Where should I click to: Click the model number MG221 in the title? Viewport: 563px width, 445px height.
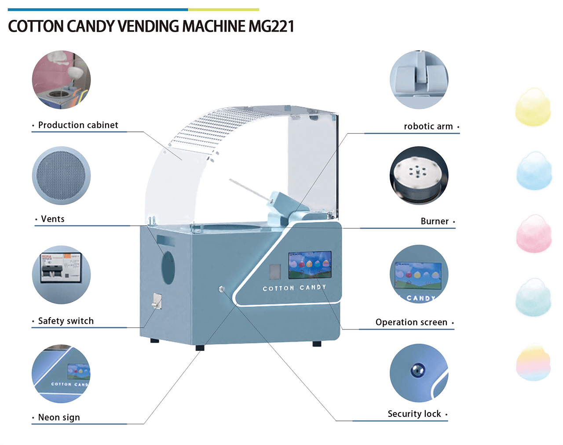pyautogui.click(x=271, y=26)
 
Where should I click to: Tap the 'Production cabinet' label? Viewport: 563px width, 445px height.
pyautogui.click(x=78, y=125)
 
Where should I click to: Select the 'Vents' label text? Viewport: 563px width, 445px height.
pyautogui.click(x=52, y=219)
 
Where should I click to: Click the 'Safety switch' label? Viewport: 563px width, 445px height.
pyautogui.click(x=66, y=321)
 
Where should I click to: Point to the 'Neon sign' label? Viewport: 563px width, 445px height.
pyautogui.click(x=59, y=417)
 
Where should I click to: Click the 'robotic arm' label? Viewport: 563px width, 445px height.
pyautogui.click(x=428, y=127)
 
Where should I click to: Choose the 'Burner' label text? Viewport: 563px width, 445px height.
pyautogui.click(x=435, y=221)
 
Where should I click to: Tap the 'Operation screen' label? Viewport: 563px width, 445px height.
pyautogui.click(x=411, y=322)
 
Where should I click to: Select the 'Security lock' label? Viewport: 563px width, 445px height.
pyautogui.click(x=414, y=414)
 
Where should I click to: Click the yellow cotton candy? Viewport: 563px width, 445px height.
pyautogui.click(x=533, y=106)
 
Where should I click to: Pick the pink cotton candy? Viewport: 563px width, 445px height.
pyautogui.click(x=533, y=234)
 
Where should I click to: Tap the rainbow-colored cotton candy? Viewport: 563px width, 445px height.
pyautogui.click(x=533, y=362)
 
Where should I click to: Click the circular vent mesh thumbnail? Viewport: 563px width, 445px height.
pyautogui.click(x=61, y=175)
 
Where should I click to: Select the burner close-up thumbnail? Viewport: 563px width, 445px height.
pyautogui.click(x=419, y=175)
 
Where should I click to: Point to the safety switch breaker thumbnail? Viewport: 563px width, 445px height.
pyautogui.click(x=61, y=275)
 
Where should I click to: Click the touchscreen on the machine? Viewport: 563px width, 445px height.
pyautogui.click(x=310, y=265)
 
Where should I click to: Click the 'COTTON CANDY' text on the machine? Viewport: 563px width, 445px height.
pyautogui.click(x=294, y=288)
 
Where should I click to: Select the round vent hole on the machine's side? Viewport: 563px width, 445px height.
pyautogui.click(x=168, y=267)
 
